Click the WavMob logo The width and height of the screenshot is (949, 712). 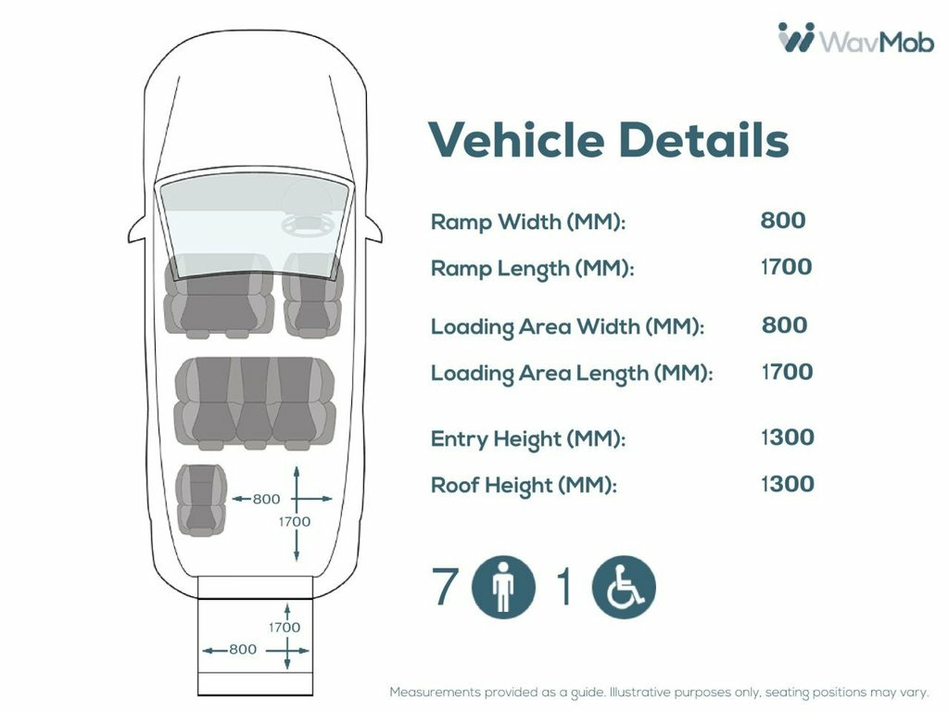click(855, 37)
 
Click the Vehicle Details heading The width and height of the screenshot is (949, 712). click(608, 140)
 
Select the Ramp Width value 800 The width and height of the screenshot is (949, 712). click(782, 220)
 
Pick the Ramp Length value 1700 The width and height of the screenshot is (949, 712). click(786, 266)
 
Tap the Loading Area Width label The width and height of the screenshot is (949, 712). click(567, 327)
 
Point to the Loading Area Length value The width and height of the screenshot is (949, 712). click(787, 372)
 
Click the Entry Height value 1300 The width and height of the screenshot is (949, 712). click(788, 438)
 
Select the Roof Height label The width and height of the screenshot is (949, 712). click(524, 486)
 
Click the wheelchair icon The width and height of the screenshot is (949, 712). click(624, 587)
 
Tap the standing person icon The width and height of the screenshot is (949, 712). click(503, 587)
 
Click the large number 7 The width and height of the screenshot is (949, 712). click(444, 586)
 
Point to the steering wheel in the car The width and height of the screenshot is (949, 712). click(308, 224)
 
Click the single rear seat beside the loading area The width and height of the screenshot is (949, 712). click(201, 500)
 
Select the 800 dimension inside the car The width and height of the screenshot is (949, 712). click(266, 499)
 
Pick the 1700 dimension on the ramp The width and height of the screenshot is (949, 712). click(285, 628)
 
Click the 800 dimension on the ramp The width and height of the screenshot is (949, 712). click(243, 650)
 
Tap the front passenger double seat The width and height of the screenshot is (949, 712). click(219, 296)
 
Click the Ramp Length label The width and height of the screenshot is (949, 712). click(532, 268)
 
